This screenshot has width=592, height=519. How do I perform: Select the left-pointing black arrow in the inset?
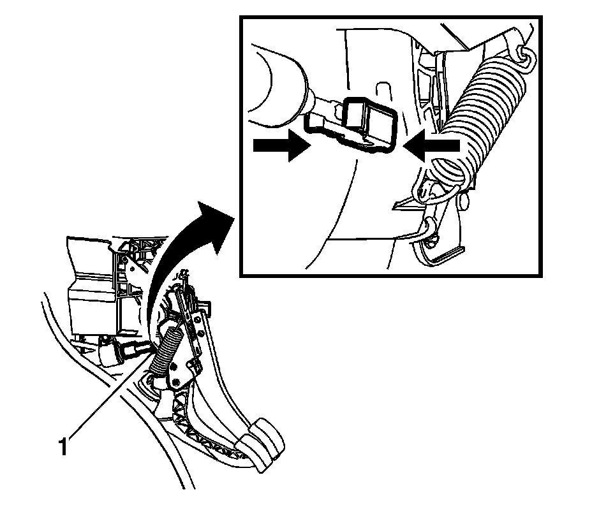(x=434, y=145)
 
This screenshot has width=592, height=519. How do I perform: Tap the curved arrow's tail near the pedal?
(x=151, y=325)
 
